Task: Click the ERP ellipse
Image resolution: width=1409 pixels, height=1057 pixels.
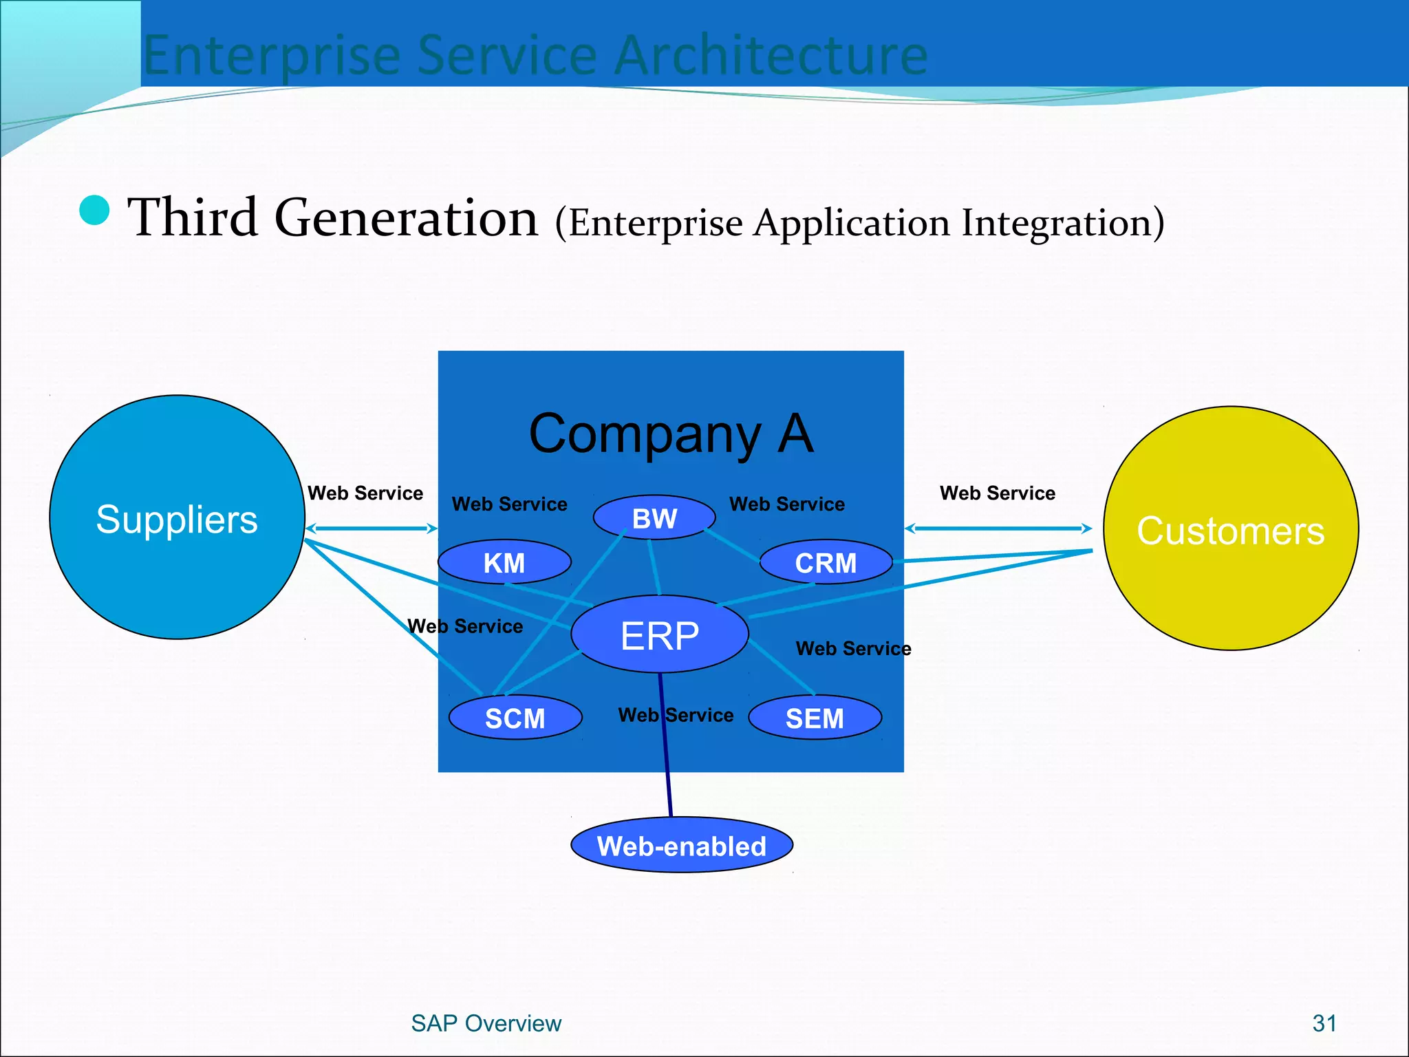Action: pos(659,634)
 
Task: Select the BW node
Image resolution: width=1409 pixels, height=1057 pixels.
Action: pos(654,518)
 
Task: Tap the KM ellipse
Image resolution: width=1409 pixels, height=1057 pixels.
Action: pos(504,563)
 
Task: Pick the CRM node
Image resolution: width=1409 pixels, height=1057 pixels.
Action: pos(826,563)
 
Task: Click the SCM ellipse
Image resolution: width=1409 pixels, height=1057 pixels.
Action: pos(515,718)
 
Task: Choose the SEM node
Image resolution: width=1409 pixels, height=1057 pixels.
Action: pos(815,718)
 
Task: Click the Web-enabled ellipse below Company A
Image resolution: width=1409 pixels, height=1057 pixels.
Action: pos(681,846)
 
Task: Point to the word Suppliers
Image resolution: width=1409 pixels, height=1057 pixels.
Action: pos(177,520)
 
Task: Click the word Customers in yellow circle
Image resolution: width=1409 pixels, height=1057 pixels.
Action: pos(1230,531)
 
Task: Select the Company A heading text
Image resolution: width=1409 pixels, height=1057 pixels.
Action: pos(671,434)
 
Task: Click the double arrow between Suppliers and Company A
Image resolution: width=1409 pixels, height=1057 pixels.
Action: pos(372,528)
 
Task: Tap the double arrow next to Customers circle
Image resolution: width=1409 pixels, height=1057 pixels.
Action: pos(998,528)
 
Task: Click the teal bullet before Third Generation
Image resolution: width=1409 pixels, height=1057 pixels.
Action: pos(95,211)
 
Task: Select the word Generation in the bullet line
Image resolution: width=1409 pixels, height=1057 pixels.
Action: pos(406,218)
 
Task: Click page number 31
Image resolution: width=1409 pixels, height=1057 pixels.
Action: pos(1324,1023)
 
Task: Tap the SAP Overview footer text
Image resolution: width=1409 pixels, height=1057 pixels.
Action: pos(486,1023)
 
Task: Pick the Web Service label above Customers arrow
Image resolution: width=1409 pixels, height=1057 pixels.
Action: pos(997,493)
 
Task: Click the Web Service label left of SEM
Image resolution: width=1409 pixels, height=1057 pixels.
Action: pos(676,715)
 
